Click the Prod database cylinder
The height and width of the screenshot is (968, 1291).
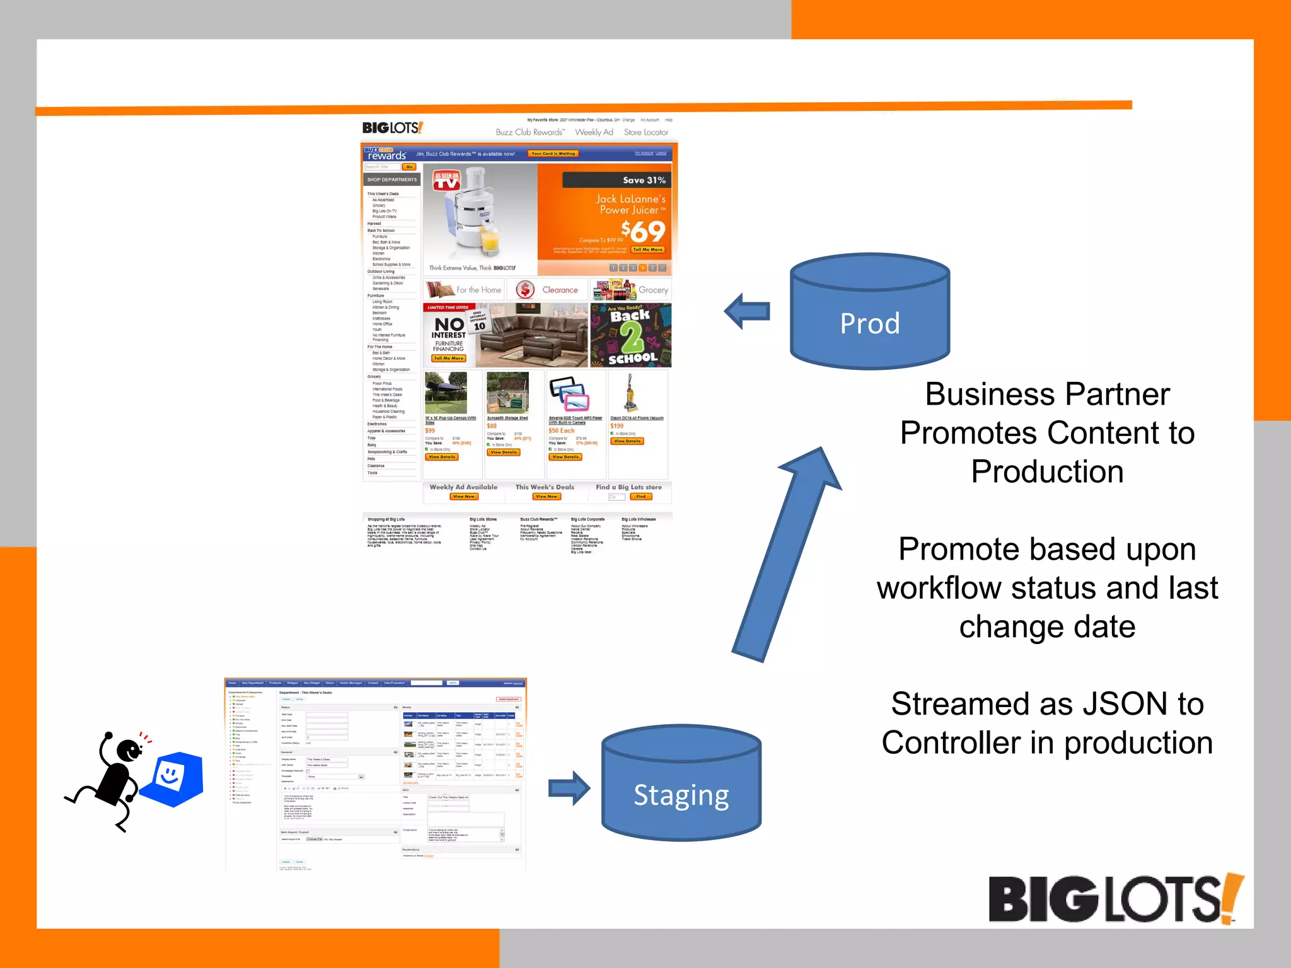pyautogui.click(x=870, y=312)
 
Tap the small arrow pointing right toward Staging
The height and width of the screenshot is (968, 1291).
pyautogui.click(x=569, y=788)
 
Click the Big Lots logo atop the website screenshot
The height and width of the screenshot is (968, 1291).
pyautogui.click(x=392, y=128)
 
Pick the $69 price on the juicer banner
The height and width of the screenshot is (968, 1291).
pyautogui.click(x=643, y=231)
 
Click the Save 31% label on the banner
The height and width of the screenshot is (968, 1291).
pyautogui.click(x=644, y=180)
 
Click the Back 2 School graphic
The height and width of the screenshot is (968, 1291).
pyautogui.click(x=631, y=335)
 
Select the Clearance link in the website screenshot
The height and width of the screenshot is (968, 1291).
pyautogui.click(x=559, y=290)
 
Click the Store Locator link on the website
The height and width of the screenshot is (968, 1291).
pyautogui.click(x=645, y=132)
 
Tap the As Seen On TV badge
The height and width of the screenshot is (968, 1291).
pyautogui.click(x=446, y=181)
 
